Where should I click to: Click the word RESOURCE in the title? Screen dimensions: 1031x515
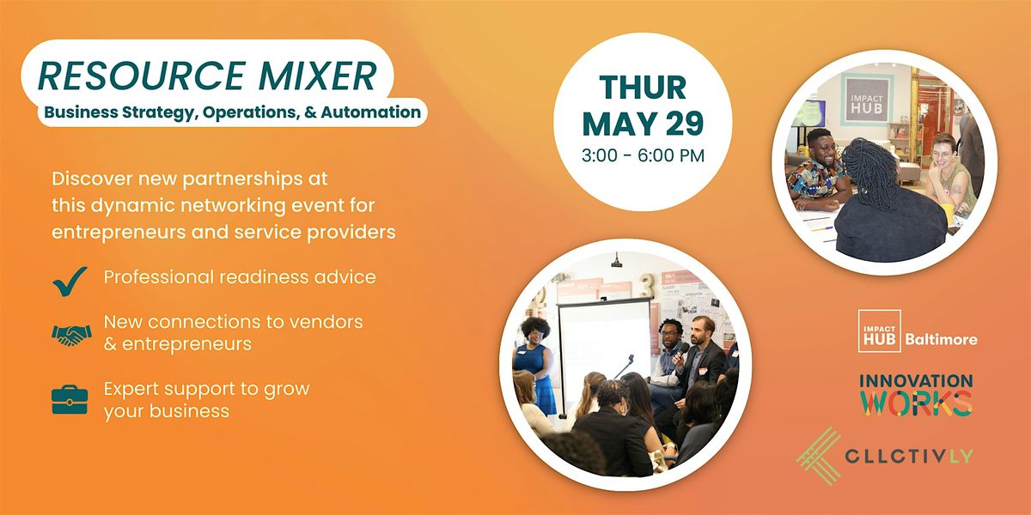coord(141,76)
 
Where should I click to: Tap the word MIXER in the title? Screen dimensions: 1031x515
coord(319,76)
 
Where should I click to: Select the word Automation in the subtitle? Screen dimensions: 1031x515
coord(371,112)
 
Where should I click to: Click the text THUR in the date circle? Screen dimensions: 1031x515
coord(643,88)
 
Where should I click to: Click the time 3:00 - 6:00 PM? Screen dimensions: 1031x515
coord(643,155)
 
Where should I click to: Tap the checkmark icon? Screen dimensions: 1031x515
coord(70,281)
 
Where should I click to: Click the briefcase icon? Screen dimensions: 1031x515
coord(70,400)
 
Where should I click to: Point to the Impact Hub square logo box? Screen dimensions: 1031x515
coord(880,331)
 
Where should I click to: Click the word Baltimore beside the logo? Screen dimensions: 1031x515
coord(942,339)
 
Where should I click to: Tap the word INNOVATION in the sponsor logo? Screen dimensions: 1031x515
coord(916,381)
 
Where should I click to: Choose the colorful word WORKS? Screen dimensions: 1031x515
coord(917,403)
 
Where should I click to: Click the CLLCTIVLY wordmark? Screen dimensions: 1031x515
coord(909,456)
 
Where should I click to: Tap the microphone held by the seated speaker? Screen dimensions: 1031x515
coord(681,353)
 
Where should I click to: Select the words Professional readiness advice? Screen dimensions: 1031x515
coord(240,277)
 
